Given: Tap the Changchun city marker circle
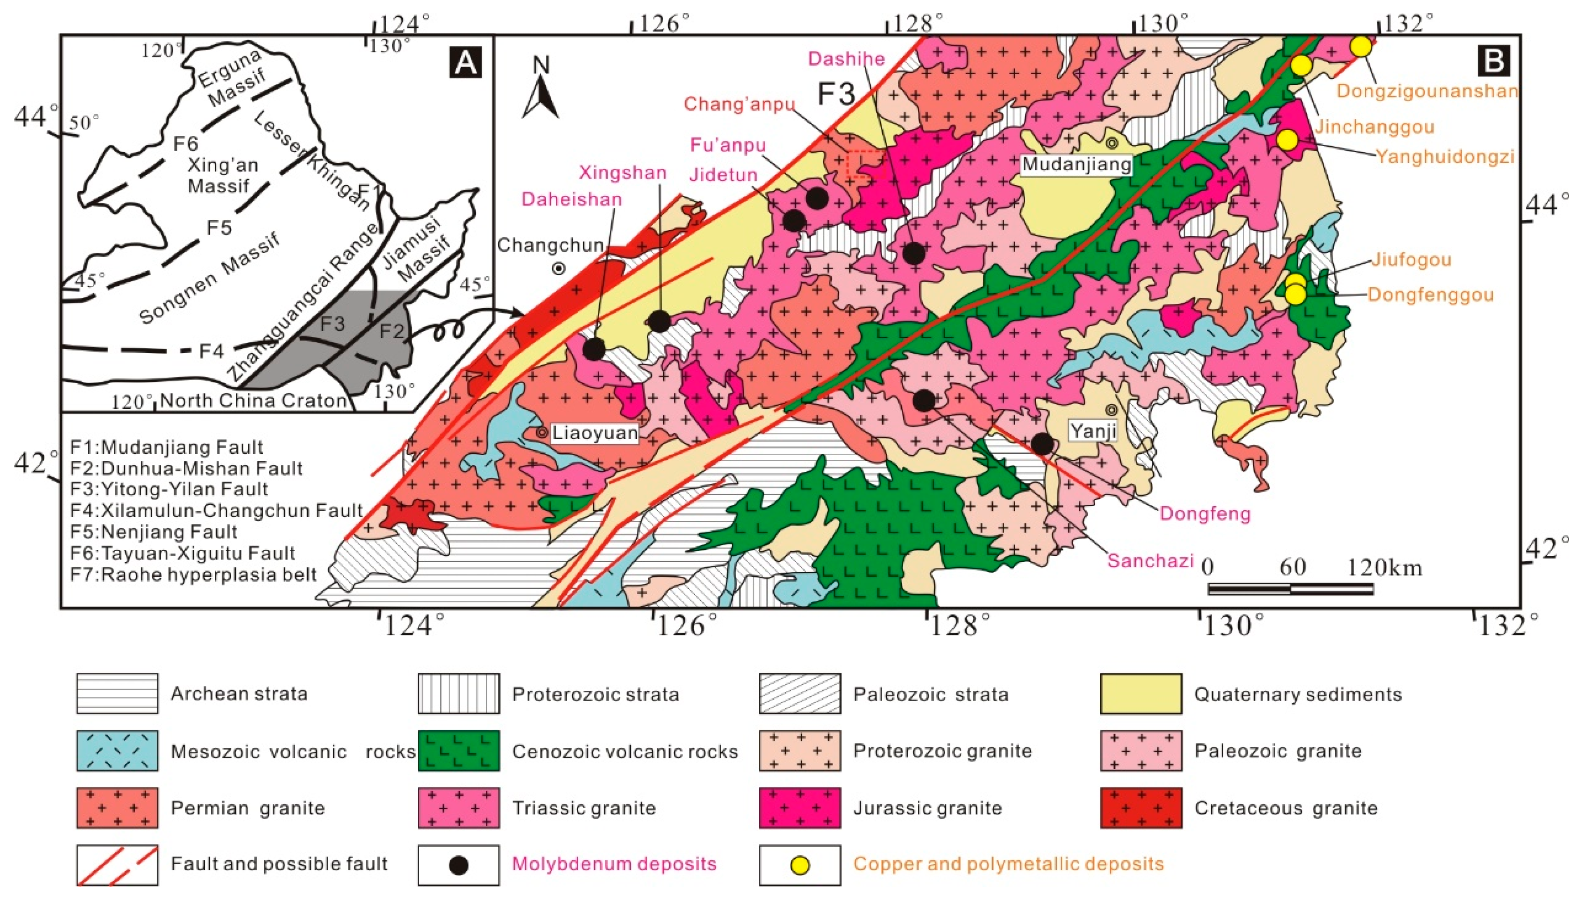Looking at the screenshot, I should (x=559, y=269).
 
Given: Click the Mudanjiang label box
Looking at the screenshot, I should (x=1077, y=164).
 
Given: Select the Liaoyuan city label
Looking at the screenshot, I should (x=595, y=433).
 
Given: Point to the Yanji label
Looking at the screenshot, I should (x=1093, y=431).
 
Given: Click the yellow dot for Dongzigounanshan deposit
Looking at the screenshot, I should (x=1361, y=46).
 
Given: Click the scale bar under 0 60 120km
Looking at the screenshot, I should (x=1290, y=589).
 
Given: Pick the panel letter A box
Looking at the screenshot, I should (x=465, y=62).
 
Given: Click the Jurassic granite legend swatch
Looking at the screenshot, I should (x=799, y=808).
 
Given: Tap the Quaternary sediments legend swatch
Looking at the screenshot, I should (x=1141, y=694).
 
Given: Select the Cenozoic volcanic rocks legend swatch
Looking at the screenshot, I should (x=459, y=751).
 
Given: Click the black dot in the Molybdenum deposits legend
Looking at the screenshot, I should (x=459, y=864).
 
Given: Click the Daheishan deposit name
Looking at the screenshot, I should (x=572, y=199).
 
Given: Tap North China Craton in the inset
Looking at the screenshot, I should (x=253, y=401).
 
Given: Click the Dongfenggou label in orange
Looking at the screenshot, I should (x=1430, y=295).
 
